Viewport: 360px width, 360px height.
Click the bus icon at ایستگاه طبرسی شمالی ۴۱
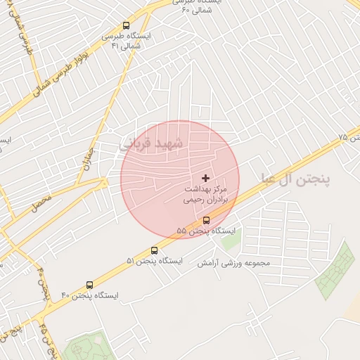tap(126, 26)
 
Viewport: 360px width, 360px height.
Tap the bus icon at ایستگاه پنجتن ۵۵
tap(205, 220)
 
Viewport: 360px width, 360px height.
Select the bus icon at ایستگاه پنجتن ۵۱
tap(155, 250)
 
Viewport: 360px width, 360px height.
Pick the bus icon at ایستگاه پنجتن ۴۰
tap(89, 285)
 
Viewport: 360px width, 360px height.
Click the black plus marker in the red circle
tap(205, 179)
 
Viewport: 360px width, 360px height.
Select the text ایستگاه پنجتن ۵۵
tap(206, 231)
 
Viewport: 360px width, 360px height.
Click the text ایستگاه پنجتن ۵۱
tap(154, 261)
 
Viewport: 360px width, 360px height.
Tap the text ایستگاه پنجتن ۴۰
tap(89, 295)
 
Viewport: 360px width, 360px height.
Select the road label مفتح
tap(41, 204)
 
